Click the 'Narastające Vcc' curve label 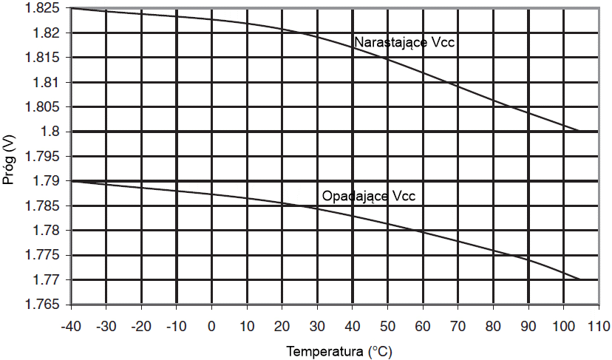pos(404,42)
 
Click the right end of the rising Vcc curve pos(580,132)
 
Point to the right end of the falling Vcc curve pos(580,279)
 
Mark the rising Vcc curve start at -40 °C pos(71,8)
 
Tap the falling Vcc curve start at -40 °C pos(71,181)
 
